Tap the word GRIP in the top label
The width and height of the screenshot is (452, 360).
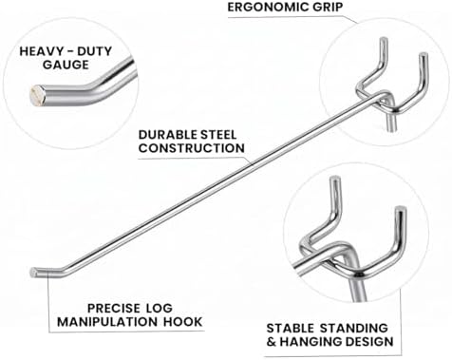tap(328, 7)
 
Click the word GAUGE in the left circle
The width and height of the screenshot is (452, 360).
tap(66, 65)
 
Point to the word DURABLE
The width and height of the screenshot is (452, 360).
tap(164, 135)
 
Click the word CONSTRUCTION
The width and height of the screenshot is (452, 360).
tap(192, 148)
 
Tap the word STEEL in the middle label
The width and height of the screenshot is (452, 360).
tap(215, 135)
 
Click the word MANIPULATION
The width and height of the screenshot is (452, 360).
tap(107, 322)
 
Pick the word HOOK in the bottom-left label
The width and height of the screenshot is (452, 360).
tap(182, 322)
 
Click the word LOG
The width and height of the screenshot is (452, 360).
tap(160, 308)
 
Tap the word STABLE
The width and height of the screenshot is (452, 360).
tap(291, 328)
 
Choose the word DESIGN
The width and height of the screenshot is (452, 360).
tap(369, 342)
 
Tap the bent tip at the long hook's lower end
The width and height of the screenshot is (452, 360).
tap(34, 272)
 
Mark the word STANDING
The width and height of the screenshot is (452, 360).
tap(354, 328)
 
